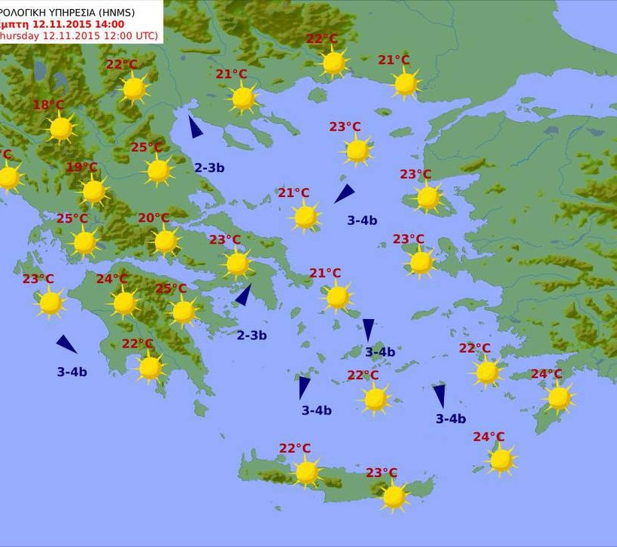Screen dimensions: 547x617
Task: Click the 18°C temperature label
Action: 48,105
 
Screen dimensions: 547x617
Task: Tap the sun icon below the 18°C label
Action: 61,129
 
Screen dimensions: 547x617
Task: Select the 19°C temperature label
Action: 81,167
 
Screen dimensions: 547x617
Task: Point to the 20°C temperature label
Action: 153,218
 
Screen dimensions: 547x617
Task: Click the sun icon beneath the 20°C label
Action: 166,242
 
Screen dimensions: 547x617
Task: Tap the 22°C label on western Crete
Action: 295,448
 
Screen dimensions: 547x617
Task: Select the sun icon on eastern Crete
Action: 394,497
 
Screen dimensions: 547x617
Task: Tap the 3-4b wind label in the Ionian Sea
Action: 72,372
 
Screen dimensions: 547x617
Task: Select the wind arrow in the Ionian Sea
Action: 66,345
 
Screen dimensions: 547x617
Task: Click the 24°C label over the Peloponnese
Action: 111,279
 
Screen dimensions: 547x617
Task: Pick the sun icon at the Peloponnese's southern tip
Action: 150,367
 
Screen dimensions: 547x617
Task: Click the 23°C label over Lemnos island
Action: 345,127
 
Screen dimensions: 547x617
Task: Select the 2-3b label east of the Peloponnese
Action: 251,336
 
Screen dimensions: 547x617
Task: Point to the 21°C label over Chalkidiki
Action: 231,74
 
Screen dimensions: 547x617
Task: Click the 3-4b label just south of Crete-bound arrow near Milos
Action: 317,410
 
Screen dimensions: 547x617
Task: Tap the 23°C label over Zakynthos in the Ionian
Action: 38,279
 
